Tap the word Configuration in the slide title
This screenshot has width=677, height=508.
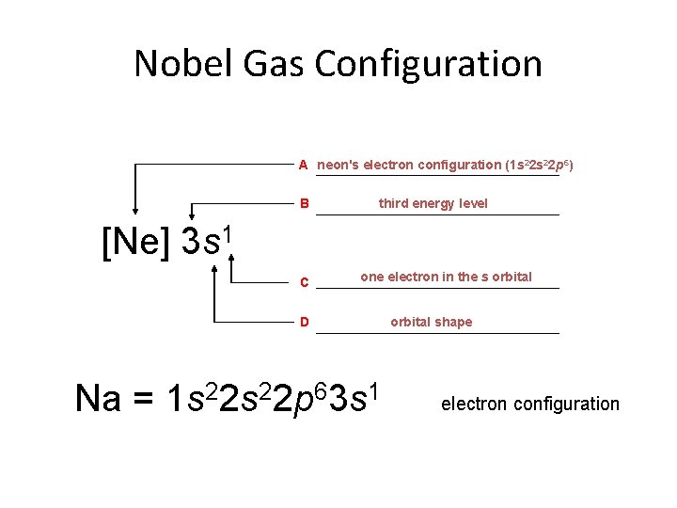429,64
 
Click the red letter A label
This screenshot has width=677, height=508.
304,165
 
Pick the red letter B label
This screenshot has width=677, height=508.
304,203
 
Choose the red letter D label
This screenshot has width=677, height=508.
304,323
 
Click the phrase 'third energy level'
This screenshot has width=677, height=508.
433,203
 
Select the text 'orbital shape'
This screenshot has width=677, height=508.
432,322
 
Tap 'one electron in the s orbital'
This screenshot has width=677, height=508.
446,277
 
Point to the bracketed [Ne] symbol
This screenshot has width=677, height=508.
135,242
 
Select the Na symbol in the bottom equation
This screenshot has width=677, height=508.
98,399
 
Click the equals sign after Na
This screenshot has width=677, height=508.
143,400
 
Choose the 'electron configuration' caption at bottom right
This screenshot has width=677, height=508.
530,404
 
